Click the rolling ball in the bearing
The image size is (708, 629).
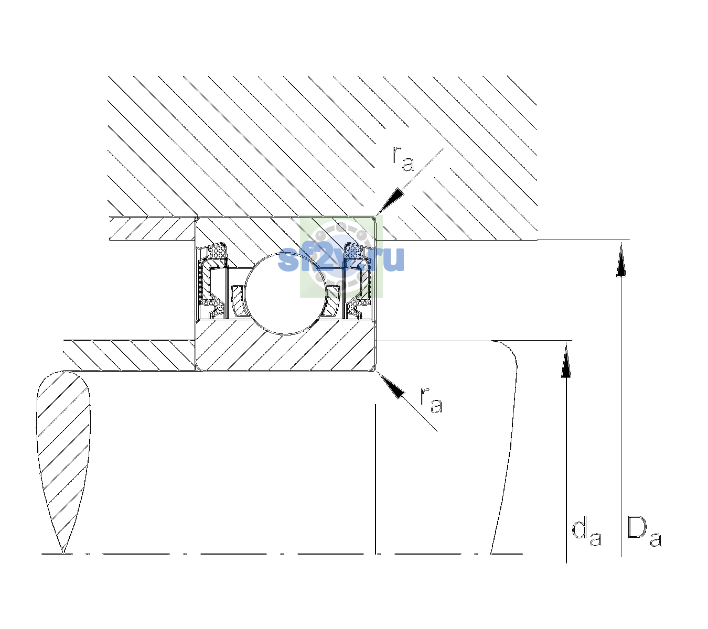[286, 294]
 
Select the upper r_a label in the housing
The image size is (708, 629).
[403, 159]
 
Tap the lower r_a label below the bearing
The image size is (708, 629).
[431, 400]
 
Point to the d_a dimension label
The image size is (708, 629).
[587, 533]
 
